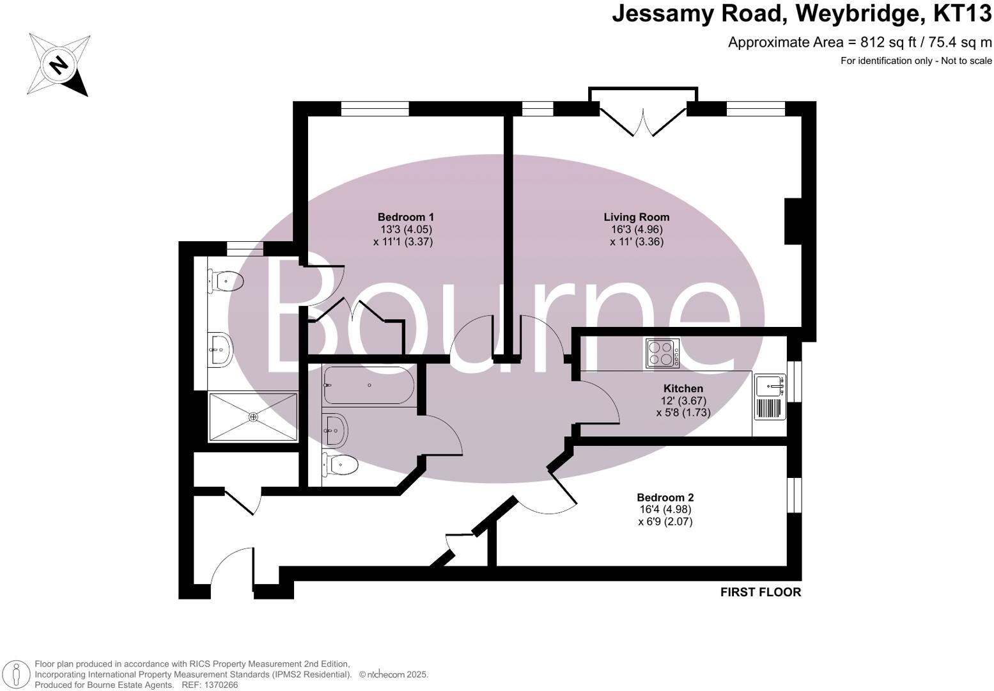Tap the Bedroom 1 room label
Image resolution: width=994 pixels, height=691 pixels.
tap(405, 217)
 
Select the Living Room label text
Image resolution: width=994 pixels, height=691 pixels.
tap(637, 217)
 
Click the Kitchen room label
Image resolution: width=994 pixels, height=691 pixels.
tap(683, 388)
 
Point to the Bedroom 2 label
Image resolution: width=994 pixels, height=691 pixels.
tap(665, 497)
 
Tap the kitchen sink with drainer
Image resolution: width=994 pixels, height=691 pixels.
tap(770, 397)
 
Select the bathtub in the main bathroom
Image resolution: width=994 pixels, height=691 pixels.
tap(368, 385)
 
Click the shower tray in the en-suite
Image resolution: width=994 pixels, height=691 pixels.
tap(253, 417)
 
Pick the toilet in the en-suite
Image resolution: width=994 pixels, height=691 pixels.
tap(225, 280)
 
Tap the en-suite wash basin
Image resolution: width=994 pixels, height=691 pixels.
tap(220, 350)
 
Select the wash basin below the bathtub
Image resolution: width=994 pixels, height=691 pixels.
tap(335, 431)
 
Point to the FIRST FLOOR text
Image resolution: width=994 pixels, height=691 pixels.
tap(760, 592)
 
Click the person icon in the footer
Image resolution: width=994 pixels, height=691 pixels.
tap(17, 674)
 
